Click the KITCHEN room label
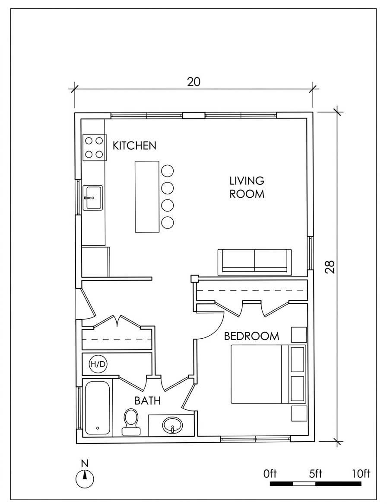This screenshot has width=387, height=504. click(x=134, y=146)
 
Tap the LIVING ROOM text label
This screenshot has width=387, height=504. click(x=247, y=187)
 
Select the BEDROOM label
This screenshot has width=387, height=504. click(x=251, y=336)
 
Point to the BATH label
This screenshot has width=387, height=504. click(x=147, y=401)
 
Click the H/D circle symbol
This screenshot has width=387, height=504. click(x=98, y=364)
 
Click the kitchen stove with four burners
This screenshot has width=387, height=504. click(x=94, y=147)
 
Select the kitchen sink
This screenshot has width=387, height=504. click(x=93, y=198)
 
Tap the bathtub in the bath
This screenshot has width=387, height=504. click(x=98, y=408)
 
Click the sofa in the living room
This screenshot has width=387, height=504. click(x=255, y=262)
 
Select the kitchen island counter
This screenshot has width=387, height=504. click(x=147, y=196)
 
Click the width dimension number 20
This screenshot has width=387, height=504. click(x=194, y=82)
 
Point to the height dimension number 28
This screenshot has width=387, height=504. click(x=330, y=266)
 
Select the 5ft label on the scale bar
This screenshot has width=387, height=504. click(x=316, y=474)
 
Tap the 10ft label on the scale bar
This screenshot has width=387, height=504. click(x=361, y=474)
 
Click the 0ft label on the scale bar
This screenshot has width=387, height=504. click(x=270, y=474)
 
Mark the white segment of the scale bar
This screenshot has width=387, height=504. click(x=304, y=484)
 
